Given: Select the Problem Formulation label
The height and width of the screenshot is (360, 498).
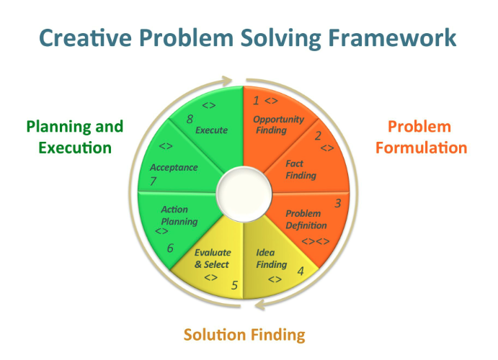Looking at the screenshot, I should [427, 138].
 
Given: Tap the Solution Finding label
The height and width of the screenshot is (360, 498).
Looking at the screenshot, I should [244, 335].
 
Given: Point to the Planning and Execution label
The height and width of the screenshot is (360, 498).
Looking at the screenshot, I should [75, 138].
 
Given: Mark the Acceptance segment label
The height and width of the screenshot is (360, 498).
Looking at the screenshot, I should [174, 167].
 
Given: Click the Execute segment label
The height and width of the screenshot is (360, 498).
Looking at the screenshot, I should [211, 130].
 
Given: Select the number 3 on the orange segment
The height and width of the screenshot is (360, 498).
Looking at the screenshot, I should [337, 203].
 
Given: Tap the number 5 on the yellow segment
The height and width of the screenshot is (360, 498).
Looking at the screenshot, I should [234, 284].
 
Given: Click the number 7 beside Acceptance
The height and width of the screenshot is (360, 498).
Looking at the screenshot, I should [154, 181].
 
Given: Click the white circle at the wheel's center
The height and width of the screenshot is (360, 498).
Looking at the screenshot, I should [243, 192].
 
